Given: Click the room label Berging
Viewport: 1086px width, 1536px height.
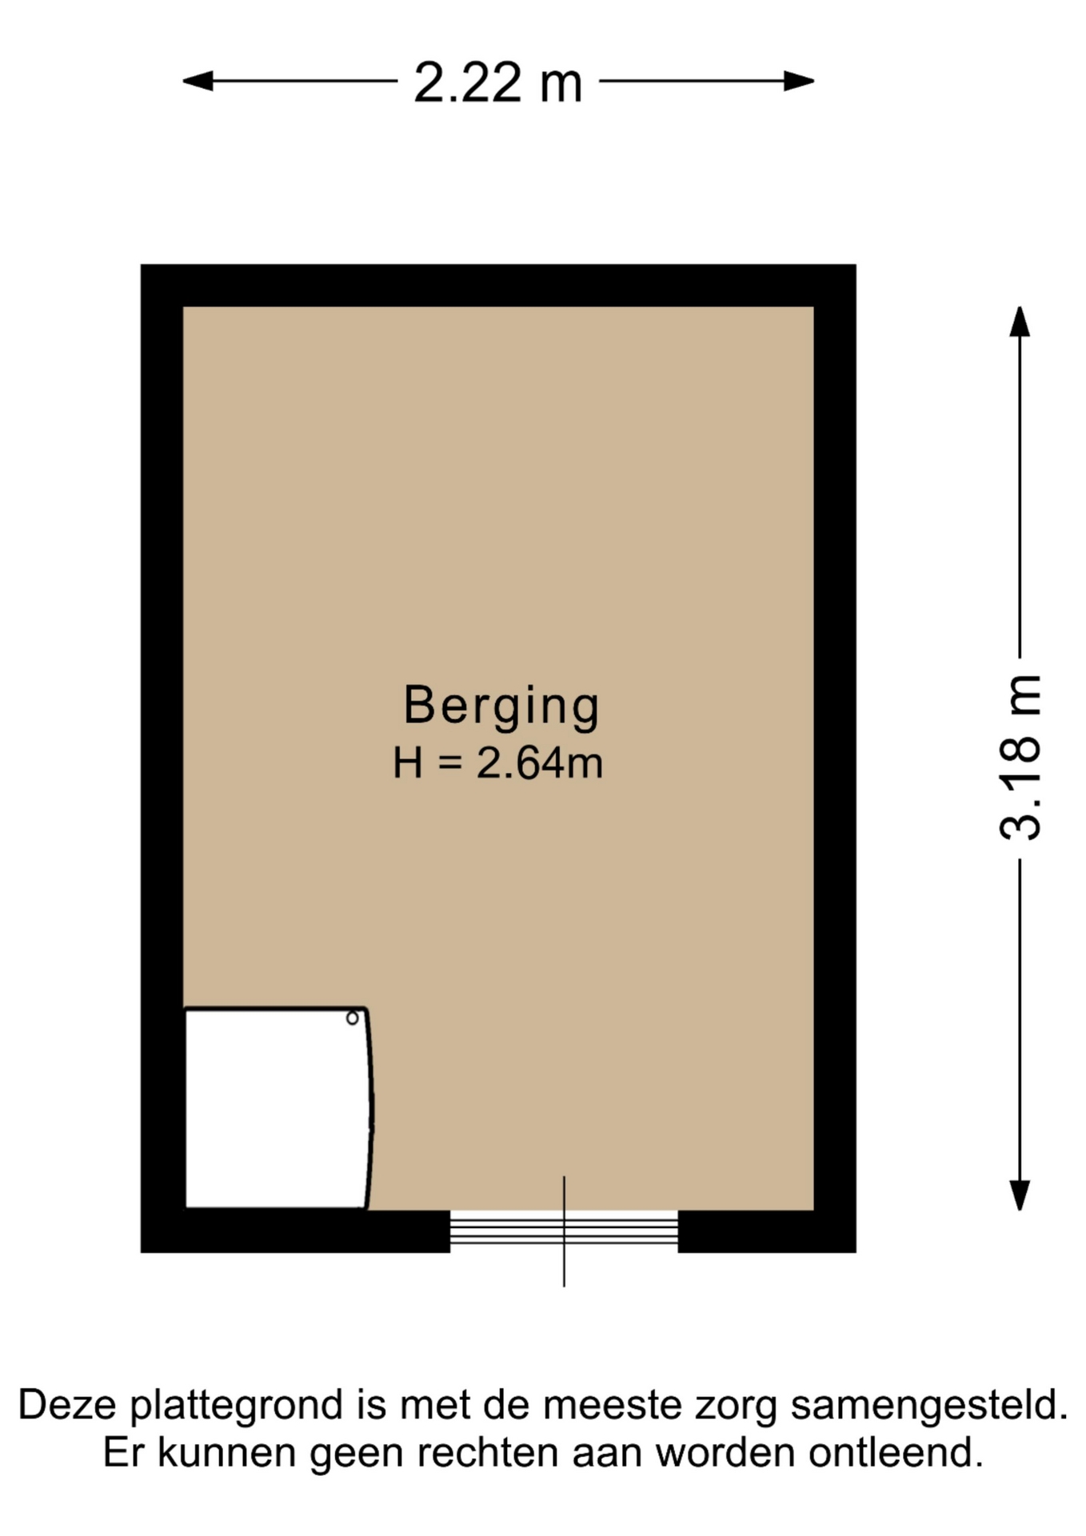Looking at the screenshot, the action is (501, 706).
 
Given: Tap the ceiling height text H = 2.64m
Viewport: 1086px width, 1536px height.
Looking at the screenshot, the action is (497, 762).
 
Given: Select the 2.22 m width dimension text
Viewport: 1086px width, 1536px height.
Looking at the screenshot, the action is (497, 82).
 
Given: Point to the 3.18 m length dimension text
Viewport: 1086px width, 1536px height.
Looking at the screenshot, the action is (1021, 757).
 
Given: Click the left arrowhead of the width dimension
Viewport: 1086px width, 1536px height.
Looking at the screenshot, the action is (198, 81).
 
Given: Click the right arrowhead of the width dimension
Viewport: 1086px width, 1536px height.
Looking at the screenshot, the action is (799, 81).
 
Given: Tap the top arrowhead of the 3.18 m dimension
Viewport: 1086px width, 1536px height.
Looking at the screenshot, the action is (1020, 322).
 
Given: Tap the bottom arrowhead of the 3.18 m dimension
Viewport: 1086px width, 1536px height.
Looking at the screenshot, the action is (1020, 1195).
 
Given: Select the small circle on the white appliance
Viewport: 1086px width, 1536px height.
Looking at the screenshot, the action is (352, 1018).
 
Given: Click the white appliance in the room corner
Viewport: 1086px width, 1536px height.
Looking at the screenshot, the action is (277, 1108).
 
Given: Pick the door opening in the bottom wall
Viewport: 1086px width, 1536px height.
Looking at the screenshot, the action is (564, 1230).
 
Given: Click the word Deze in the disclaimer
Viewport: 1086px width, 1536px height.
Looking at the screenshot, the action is (67, 1405).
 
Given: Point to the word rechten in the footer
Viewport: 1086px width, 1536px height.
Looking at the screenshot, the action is (487, 1453).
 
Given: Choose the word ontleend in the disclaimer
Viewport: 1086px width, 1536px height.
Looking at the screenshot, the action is (896, 1453).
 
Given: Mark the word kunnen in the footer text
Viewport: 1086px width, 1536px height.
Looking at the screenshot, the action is (227, 1453).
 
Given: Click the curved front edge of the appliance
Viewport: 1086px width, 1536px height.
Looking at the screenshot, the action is (370, 1108).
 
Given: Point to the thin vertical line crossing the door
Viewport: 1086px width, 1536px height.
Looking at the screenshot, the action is (564, 1231).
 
